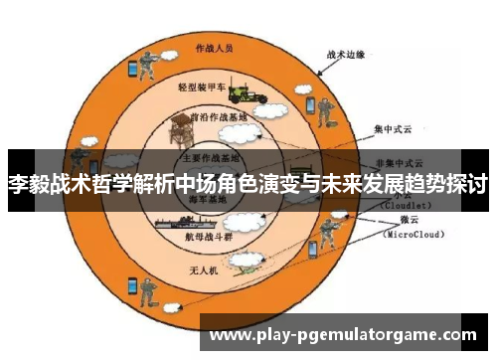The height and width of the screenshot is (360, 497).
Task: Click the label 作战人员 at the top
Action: (214, 47)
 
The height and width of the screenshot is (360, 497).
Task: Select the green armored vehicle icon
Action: (244, 93)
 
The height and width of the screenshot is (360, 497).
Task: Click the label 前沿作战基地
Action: (219, 116)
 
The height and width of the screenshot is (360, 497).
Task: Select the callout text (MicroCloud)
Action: (416, 235)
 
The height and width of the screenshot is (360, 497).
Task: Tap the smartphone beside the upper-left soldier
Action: (130, 69)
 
